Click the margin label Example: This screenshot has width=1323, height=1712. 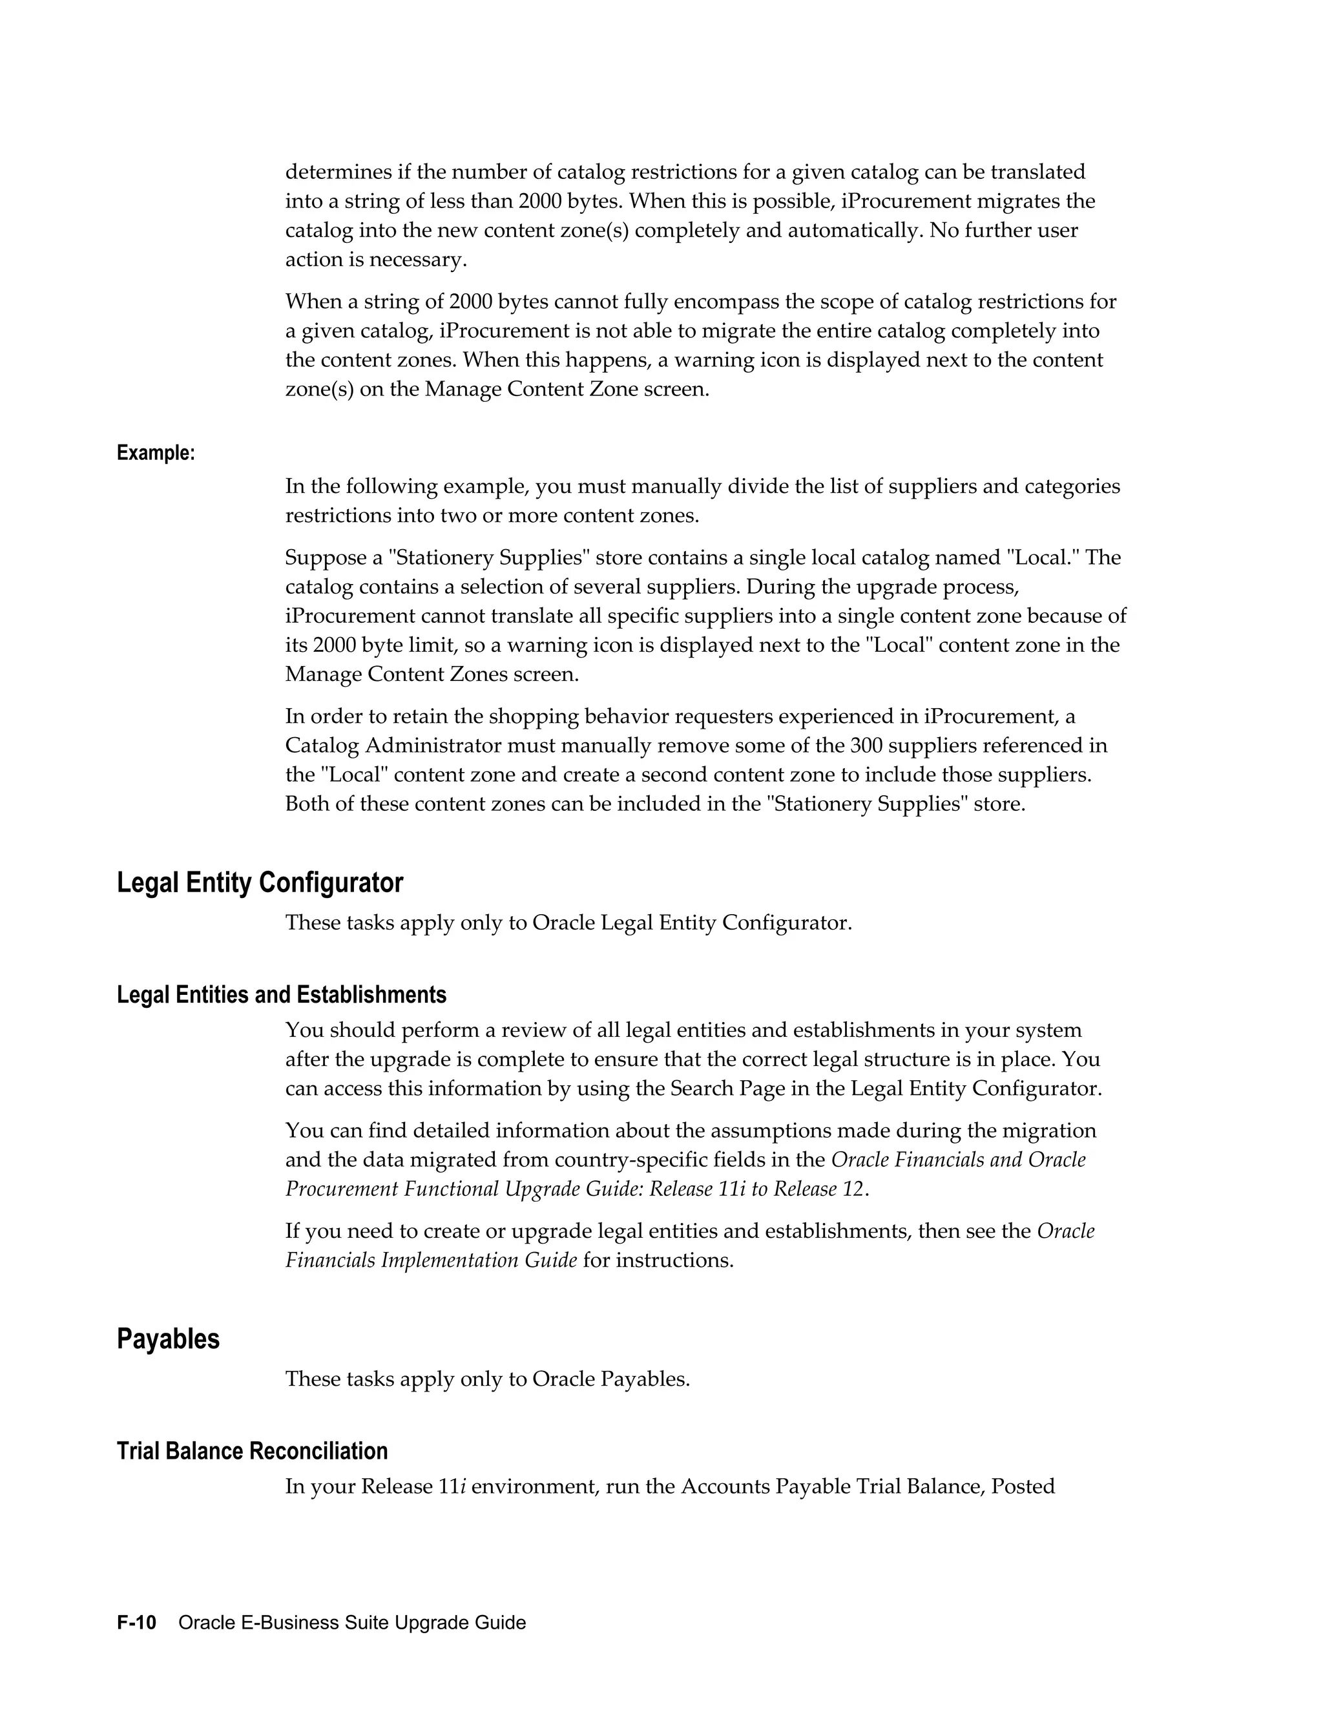[x=155, y=453]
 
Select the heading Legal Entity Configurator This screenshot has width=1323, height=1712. [x=260, y=882]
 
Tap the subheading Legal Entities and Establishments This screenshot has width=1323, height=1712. [x=282, y=995]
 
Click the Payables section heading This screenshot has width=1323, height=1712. [x=168, y=1339]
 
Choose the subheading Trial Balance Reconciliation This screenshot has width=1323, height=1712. [x=251, y=1451]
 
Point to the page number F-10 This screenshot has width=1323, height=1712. [x=136, y=1623]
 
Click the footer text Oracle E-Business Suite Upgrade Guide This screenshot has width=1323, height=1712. [x=352, y=1623]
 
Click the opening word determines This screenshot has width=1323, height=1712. [x=338, y=172]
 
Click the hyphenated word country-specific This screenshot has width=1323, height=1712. [x=684, y=1160]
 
